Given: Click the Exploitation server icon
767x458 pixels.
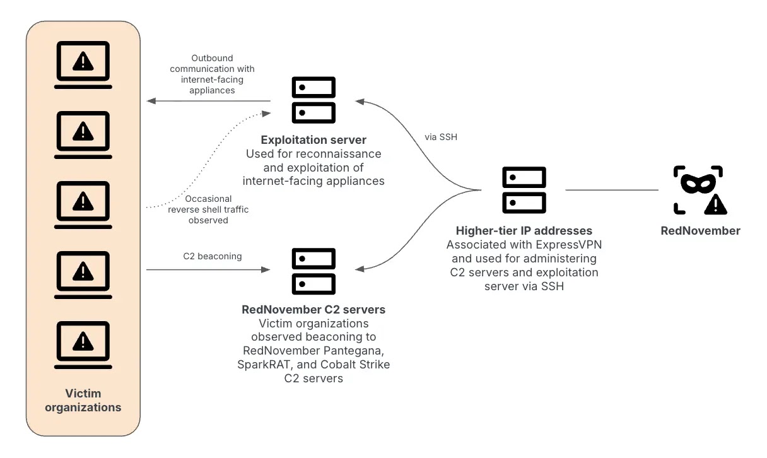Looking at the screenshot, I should tap(313, 100).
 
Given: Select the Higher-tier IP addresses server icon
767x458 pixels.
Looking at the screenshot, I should tap(524, 189).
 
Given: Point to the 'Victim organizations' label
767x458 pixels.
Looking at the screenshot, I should tap(83, 400).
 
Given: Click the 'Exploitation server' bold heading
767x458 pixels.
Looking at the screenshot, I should tap(313, 139).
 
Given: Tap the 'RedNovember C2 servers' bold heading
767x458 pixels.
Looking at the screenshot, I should tap(313, 310).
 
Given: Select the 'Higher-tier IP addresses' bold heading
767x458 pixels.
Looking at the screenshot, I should tap(524, 231).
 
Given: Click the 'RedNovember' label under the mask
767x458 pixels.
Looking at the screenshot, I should tap(700, 231).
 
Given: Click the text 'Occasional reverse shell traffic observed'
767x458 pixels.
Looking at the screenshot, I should tap(208, 209).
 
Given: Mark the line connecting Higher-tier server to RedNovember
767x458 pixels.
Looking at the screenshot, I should tap(612, 189).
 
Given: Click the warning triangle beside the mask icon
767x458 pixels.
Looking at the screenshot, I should tap(715, 204).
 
